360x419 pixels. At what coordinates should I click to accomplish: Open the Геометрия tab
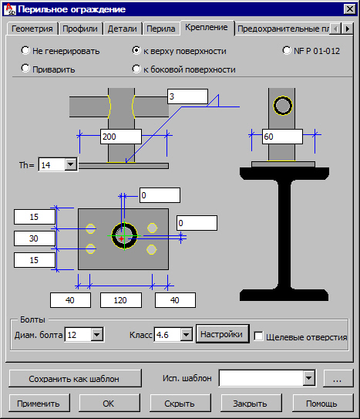click(x=32, y=29)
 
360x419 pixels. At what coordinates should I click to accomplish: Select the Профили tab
click(x=80, y=29)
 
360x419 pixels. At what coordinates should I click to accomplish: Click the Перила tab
click(x=161, y=29)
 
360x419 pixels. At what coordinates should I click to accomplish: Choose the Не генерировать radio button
click(x=25, y=50)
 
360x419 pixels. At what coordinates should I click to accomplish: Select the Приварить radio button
click(x=25, y=69)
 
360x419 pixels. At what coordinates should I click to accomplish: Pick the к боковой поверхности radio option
click(x=136, y=69)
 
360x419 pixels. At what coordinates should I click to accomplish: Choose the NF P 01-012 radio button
click(x=287, y=50)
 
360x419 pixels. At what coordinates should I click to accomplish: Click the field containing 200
click(x=121, y=137)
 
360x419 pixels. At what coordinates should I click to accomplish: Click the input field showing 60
click(x=282, y=137)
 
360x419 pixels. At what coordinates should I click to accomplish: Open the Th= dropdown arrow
click(x=71, y=164)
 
